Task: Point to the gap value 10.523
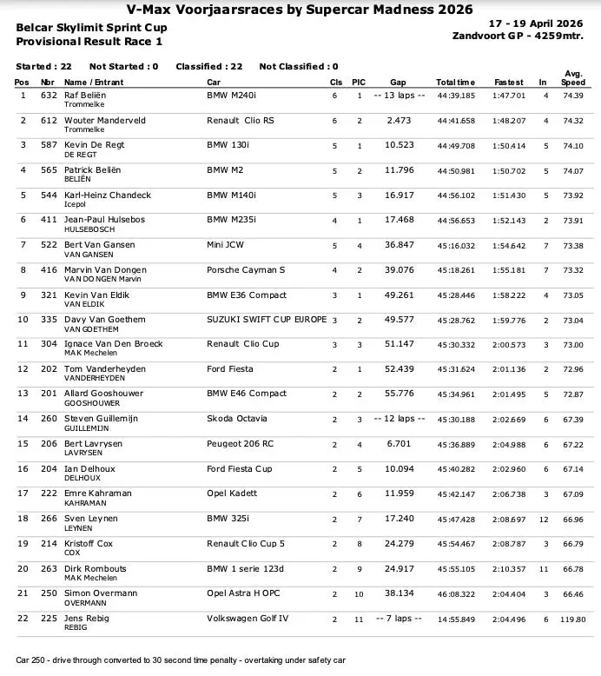click(398, 145)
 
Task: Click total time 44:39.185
click(455, 96)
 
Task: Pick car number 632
click(49, 95)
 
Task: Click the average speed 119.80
click(572, 620)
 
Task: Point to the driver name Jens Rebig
click(87, 618)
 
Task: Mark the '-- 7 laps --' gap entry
click(398, 618)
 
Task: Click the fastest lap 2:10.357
click(509, 569)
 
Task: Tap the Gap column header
click(398, 82)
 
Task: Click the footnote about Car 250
click(181, 660)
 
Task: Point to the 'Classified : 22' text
click(208, 66)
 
